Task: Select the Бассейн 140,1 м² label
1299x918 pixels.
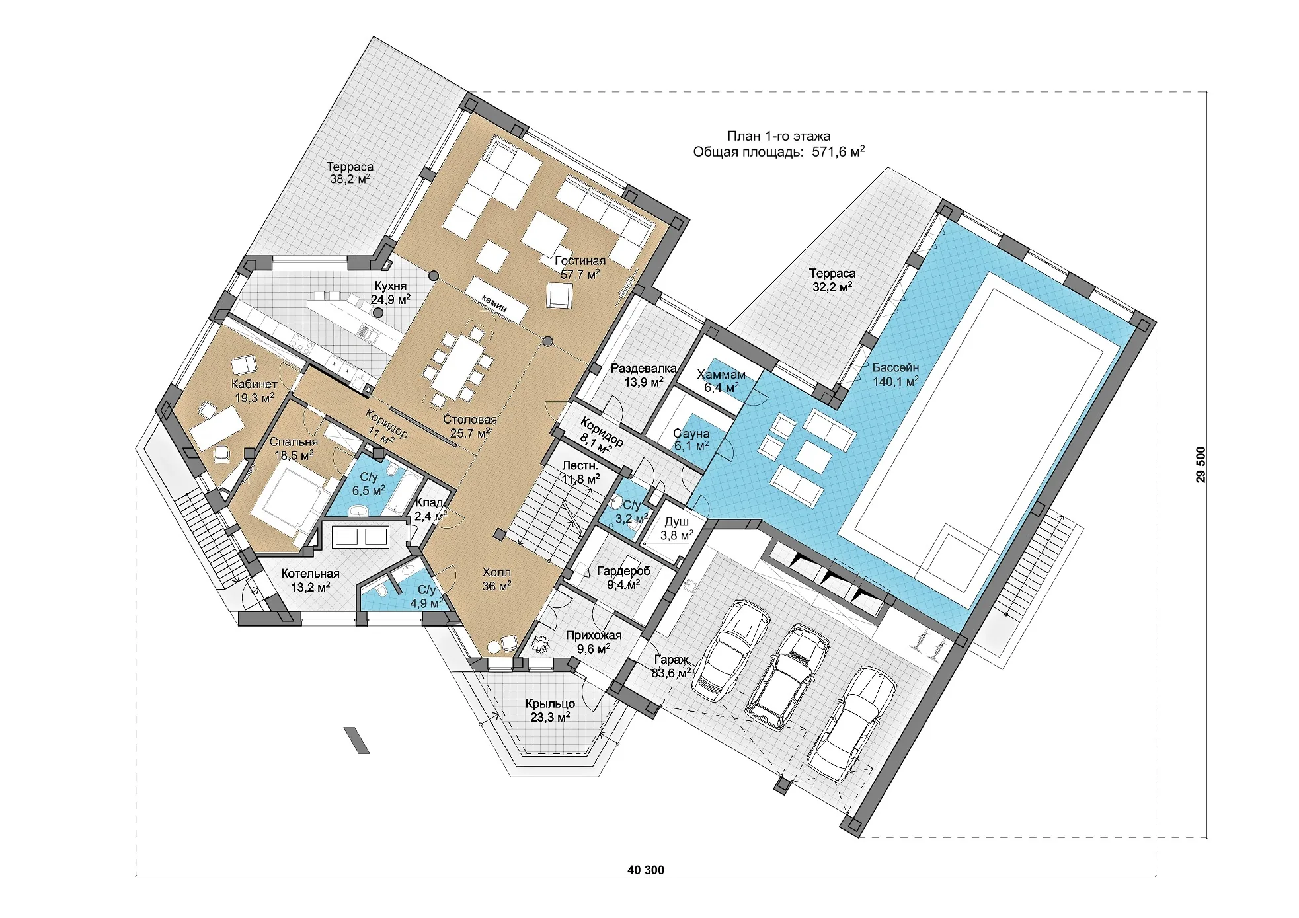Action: point(896,374)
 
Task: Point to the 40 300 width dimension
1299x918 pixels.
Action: point(646,870)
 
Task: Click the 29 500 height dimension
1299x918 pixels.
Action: point(1201,465)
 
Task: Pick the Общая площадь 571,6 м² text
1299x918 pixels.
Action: point(779,152)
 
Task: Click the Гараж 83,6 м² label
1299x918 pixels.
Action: point(671,666)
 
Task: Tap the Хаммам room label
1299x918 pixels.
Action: point(721,381)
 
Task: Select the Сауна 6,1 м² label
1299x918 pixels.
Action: point(691,440)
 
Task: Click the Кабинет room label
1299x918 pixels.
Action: point(255,391)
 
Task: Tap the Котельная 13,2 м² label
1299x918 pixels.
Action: point(310,580)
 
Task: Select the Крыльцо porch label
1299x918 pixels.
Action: point(550,710)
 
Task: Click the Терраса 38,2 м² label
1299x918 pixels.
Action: point(350,172)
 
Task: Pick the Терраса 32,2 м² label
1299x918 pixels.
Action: point(832,280)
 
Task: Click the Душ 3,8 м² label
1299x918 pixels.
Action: point(677,529)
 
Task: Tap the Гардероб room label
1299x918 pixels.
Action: point(623,577)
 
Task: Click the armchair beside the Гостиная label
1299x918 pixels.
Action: point(559,295)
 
